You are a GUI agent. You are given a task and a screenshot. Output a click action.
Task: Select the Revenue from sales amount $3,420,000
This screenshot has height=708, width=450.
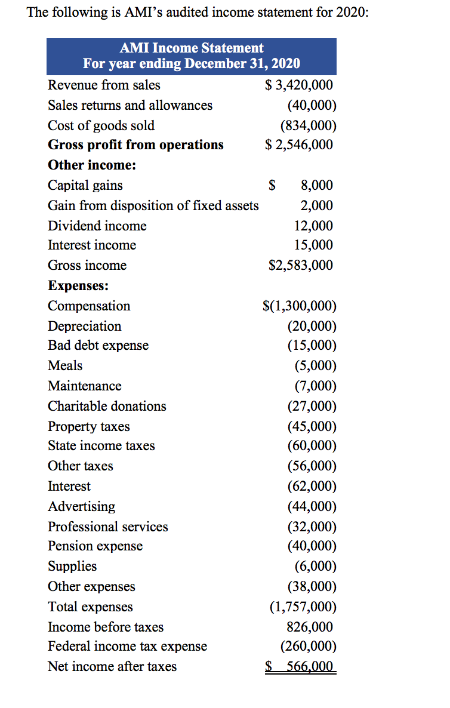[299, 85]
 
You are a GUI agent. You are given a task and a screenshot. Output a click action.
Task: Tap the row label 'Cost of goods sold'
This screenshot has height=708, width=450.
[101, 125]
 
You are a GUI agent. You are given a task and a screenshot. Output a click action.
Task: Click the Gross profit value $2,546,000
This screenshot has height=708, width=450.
[299, 145]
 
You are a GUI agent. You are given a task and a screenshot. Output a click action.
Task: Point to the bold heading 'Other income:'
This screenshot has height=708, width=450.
[92, 165]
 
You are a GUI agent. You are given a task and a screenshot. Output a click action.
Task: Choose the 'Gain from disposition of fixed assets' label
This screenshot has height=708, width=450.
[153, 205]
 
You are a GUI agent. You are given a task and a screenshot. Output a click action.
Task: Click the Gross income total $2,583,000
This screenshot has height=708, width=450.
[301, 266]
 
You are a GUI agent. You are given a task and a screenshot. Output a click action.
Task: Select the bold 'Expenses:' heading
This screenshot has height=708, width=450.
[78, 286]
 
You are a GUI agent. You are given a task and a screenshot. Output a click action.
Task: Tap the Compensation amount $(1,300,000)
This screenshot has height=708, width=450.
[300, 306]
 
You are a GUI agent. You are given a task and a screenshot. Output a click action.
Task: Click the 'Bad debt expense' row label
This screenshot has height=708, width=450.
[98, 346]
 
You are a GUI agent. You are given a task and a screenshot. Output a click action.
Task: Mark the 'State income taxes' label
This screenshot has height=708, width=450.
[101, 446]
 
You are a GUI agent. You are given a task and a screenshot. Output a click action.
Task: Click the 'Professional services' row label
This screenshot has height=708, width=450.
[107, 527]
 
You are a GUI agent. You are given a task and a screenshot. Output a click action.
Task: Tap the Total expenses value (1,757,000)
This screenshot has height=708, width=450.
[303, 607]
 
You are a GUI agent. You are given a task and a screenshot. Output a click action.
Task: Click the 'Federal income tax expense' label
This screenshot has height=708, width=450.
[127, 647]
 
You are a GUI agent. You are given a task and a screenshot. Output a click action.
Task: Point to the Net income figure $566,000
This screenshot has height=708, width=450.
[300, 667]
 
